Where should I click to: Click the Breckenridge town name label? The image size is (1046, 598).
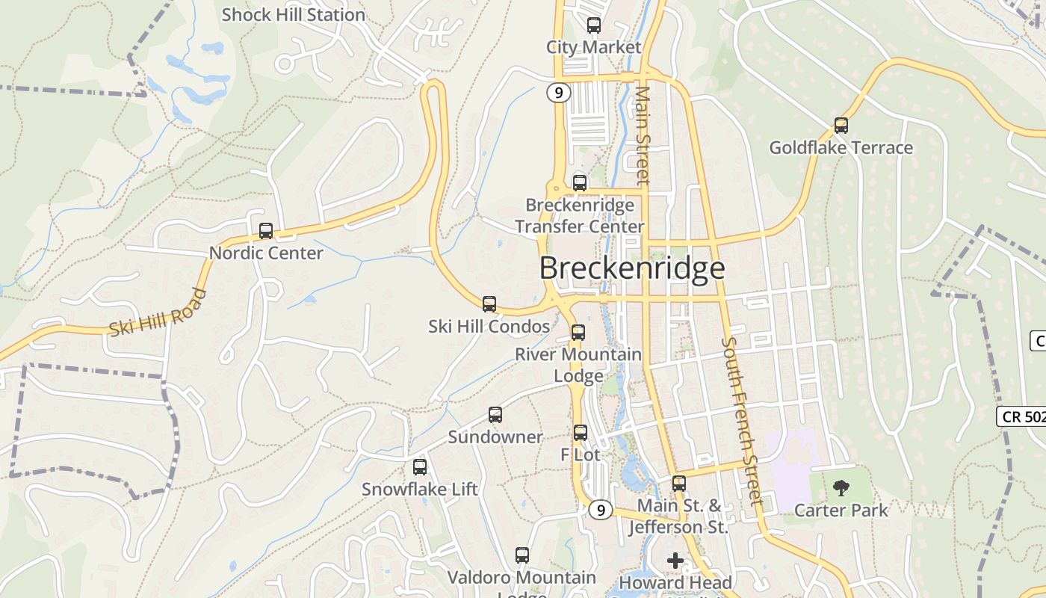point(632,268)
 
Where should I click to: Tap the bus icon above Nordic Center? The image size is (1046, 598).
point(265,231)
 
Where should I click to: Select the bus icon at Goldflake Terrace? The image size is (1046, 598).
point(841,126)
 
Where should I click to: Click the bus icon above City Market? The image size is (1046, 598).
point(594,25)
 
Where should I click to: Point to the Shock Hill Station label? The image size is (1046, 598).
point(293,15)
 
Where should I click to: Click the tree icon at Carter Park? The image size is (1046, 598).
point(841,489)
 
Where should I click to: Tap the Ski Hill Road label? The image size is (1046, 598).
point(158,312)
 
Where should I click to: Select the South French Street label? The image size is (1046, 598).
point(740,420)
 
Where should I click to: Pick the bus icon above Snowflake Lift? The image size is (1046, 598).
point(420,467)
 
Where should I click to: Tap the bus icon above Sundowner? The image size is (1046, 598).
point(495,415)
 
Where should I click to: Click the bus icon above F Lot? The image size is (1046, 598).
point(581,433)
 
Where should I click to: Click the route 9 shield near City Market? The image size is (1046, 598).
point(558,93)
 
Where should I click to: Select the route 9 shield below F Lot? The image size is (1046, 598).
point(600,510)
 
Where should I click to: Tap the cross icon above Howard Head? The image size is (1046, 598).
point(675,560)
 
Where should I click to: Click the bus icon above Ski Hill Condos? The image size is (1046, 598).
point(489,304)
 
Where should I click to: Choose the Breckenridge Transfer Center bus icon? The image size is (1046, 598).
point(579,182)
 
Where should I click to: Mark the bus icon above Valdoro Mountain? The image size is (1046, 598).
point(522,555)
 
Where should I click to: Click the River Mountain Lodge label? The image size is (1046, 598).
point(578,365)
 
